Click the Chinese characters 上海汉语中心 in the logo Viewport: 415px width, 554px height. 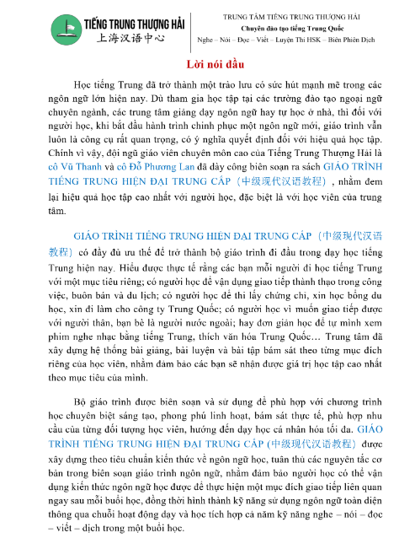pos(120,38)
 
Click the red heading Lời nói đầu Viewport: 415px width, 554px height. pos(206,66)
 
